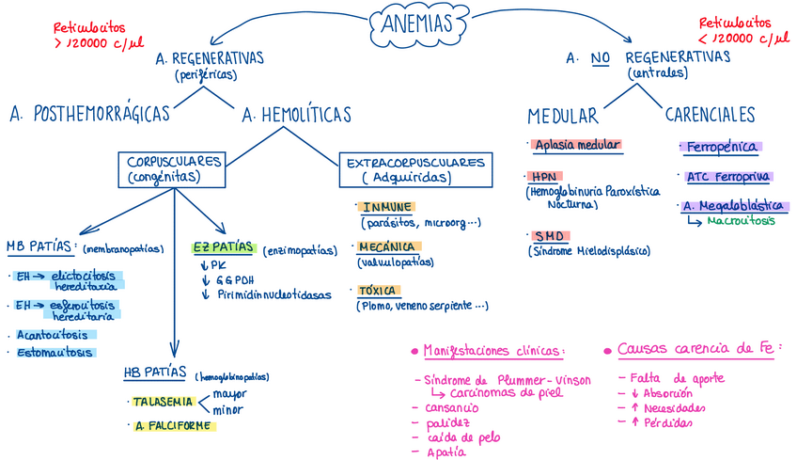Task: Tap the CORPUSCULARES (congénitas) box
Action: (x=175, y=169)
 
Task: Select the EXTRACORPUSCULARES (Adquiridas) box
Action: (x=415, y=169)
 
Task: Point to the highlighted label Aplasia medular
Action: (x=576, y=145)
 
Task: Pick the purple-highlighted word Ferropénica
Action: (x=719, y=147)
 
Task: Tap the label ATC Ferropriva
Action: (x=728, y=177)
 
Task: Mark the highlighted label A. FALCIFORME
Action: (x=175, y=425)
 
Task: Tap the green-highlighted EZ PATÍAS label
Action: (x=224, y=248)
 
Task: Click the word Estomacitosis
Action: (x=55, y=353)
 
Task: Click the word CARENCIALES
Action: (x=710, y=115)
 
